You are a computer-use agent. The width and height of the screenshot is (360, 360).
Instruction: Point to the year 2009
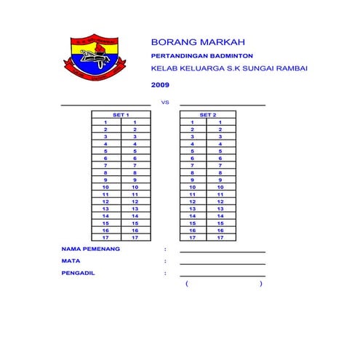(x=160, y=86)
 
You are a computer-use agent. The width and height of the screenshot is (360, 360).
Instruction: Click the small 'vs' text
(x=164, y=103)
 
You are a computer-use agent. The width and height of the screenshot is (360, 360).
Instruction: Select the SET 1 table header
(x=121, y=115)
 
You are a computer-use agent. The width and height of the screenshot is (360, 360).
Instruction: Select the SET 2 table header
(x=207, y=115)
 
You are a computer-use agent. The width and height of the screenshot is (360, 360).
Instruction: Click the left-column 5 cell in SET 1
(x=105, y=151)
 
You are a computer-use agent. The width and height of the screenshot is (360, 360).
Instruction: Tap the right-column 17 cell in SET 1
(x=135, y=237)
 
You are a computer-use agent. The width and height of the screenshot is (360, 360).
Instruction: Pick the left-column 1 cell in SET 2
(x=193, y=122)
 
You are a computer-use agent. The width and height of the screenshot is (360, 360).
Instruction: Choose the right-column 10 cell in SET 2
(x=220, y=187)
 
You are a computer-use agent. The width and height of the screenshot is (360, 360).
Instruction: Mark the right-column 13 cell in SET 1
(x=135, y=209)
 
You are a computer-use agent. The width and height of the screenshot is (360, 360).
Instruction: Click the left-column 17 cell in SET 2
(x=193, y=237)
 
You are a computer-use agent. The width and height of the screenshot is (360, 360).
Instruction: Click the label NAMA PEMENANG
(x=91, y=249)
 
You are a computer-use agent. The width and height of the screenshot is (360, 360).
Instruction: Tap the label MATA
(x=71, y=260)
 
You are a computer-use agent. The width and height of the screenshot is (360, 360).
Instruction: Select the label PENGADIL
(x=79, y=273)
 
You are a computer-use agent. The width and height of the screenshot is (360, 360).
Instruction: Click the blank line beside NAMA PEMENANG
(x=223, y=251)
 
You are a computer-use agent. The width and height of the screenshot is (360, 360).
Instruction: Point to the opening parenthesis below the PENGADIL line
(x=187, y=284)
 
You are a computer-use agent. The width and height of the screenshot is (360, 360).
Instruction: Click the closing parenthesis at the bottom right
(x=260, y=284)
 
